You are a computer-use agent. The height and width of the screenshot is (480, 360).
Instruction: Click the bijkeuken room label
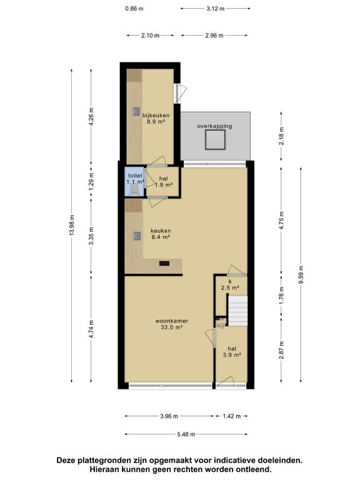click(156, 116)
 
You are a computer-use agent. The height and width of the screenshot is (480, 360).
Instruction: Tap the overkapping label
click(214, 126)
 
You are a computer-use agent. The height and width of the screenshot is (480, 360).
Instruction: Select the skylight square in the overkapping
click(215, 139)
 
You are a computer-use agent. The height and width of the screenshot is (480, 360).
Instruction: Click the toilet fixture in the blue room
click(134, 191)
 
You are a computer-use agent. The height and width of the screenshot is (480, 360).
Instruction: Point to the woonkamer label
click(171, 321)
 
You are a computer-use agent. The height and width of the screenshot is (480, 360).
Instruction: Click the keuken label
click(161, 231)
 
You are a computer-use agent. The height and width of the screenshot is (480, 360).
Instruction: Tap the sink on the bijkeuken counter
click(136, 111)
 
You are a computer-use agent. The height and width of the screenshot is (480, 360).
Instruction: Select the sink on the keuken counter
click(137, 236)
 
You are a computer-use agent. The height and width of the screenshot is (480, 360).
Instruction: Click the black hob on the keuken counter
click(164, 263)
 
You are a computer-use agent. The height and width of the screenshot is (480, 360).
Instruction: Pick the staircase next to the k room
click(238, 311)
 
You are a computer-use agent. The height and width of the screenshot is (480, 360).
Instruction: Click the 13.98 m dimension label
click(72, 225)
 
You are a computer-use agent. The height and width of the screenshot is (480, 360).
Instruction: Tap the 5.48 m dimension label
click(186, 434)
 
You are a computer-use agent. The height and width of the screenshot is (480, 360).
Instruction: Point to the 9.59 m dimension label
click(301, 274)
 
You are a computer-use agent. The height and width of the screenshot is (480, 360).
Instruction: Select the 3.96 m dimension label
click(169, 416)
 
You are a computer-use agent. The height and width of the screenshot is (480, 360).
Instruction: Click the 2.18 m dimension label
click(281, 136)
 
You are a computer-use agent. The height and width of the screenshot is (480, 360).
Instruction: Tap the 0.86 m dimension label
click(134, 9)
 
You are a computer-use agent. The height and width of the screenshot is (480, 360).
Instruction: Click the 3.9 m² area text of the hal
click(232, 355)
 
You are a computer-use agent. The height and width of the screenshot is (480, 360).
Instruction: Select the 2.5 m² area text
click(230, 287)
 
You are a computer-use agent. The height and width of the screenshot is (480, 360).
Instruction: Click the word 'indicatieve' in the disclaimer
click(234, 461)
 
